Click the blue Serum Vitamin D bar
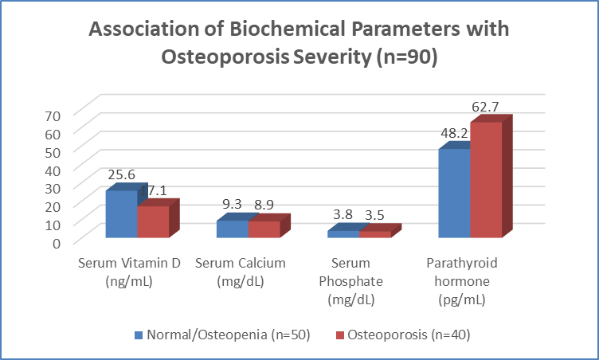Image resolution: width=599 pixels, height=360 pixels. coord(122,214)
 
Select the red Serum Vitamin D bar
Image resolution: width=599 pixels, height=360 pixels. coord(153,221)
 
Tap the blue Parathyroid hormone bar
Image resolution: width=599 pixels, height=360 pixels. coord(454,193)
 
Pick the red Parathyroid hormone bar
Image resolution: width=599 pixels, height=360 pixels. coord(486,180)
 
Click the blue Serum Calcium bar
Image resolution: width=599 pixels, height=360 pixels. coord(233,229)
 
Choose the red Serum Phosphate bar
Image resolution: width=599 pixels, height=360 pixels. coord(375,234)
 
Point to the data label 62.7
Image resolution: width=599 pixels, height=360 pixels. coord(485,107)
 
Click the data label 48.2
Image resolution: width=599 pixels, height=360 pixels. coord(454,133)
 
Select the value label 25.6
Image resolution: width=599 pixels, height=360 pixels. coord(122,174)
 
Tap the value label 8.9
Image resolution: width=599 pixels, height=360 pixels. coord(264,205)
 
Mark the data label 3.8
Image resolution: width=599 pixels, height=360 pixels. coord(343,214)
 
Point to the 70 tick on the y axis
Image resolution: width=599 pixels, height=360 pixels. coord(53,116)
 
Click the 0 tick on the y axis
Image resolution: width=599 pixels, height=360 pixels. coord(57,244)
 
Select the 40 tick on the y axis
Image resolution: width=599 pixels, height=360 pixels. coord(53,170)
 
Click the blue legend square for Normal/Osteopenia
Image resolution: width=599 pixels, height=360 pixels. coord(139,335)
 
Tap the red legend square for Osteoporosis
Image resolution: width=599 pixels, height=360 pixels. coord(340,335)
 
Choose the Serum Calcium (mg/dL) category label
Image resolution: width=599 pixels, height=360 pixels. coord(241,272)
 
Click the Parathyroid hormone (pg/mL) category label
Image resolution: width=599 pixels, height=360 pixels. coord(462,281)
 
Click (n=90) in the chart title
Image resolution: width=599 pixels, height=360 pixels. coord(407,57)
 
